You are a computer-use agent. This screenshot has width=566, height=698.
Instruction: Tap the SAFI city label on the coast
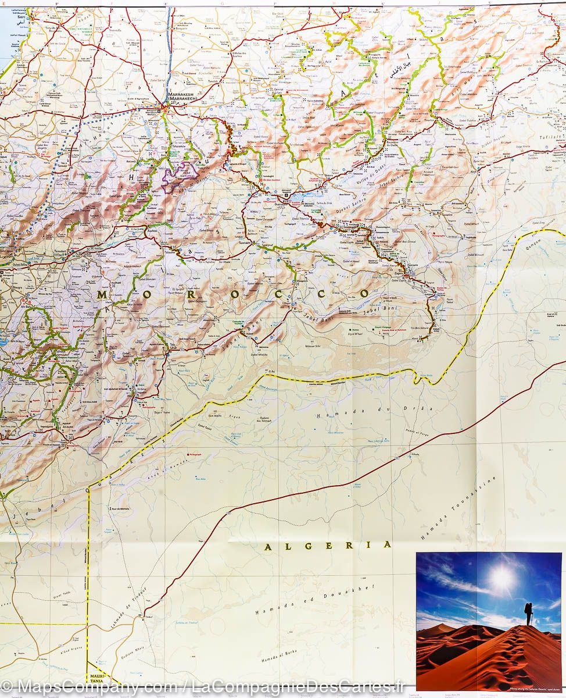coord(22,17)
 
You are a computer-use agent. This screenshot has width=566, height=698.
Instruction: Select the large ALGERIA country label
coord(328,546)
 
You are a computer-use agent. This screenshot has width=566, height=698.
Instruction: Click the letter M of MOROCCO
coord(102,295)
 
